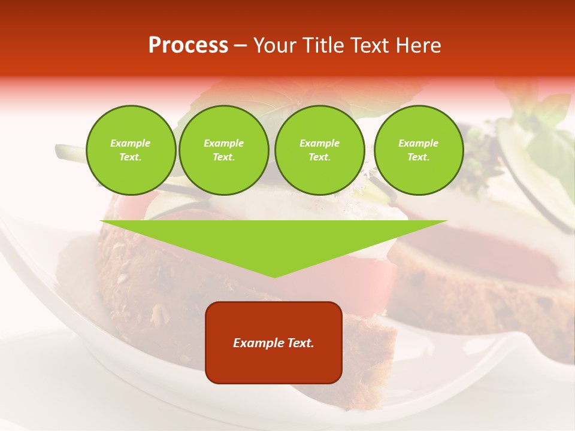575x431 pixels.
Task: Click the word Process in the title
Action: point(188,45)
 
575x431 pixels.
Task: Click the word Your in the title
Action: point(276,45)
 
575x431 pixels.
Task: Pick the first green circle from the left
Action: point(131,150)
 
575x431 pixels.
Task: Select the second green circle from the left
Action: point(223,150)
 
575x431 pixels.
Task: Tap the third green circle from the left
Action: point(319,150)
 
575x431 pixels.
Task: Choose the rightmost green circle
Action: point(418,150)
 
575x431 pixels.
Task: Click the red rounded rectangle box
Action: point(274,365)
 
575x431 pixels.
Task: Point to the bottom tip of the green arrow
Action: point(274,277)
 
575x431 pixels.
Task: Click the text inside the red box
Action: point(274,343)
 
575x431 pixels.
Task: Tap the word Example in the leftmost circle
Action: point(131,143)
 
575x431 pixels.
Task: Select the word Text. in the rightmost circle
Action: point(418,157)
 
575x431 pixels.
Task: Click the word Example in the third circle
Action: point(319,143)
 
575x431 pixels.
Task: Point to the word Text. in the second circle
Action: point(223,157)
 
